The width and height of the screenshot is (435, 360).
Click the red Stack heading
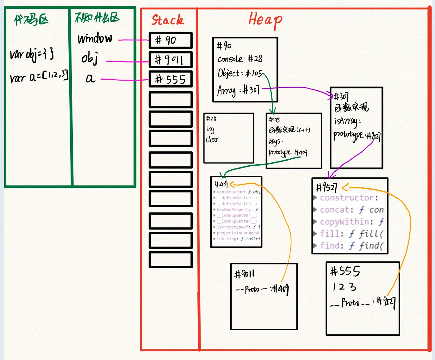point(167,20)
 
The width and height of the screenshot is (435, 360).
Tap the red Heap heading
point(265,20)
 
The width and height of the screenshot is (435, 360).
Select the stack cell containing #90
point(171,40)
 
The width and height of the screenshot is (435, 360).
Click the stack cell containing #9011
point(171,60)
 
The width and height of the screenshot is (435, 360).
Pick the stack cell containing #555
point(171,79)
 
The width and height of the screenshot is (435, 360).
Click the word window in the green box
point(95,39)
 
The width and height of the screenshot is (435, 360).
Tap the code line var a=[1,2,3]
point(39,77)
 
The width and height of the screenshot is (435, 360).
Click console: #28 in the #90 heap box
point(240,59)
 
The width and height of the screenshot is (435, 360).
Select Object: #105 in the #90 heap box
point(240,74)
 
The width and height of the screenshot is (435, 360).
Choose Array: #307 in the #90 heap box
point(238,90)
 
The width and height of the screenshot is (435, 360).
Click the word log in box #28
point(211,129)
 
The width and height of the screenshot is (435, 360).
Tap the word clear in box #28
point(212,139)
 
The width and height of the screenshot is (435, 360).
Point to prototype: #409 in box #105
point(288,153)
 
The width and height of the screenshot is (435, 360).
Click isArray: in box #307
point(347,121)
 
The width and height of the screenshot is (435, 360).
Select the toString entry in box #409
point(238,239)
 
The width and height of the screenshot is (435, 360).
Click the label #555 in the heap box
point(345,271)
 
